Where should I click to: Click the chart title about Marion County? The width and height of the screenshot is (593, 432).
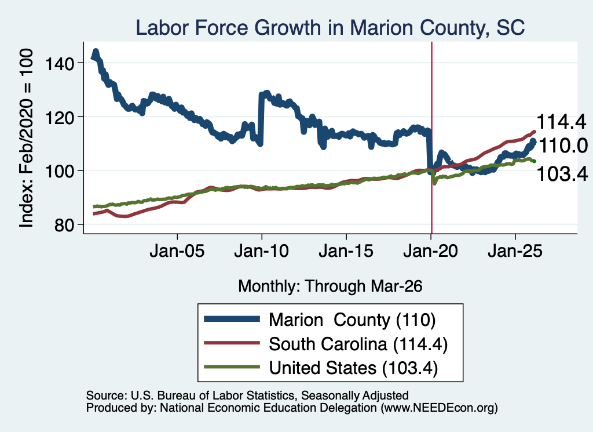tap(330, 28)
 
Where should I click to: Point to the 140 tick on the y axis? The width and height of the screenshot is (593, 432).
tap(60, 63)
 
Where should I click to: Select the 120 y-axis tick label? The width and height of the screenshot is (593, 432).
tap(60, 117)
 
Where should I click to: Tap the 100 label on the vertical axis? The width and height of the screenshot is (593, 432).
tap(60, 171)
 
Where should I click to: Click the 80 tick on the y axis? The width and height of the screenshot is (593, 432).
tap(64, 225)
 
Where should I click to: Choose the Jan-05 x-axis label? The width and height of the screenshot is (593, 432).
tap(177, 251)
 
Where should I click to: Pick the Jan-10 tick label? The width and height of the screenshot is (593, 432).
tap(261, 251)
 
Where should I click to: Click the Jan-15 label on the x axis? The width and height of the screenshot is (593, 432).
tap(346, 251)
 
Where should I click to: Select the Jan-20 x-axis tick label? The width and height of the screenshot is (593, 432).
tap(431, 251)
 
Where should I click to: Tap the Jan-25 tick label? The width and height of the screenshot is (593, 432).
tap(515, 251)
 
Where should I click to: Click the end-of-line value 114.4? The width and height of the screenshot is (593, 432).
tap(561, 122)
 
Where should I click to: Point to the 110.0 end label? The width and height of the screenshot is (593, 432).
tap(563, 146)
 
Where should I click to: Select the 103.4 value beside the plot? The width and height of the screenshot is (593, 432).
tap(562, 174)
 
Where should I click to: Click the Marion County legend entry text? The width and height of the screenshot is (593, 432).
tap(352, 320)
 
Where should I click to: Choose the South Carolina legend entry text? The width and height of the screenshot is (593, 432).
tap(358, 344)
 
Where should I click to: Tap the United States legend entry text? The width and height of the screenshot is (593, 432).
tap(353, 368)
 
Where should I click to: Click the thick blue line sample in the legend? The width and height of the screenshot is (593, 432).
tap(232, 319)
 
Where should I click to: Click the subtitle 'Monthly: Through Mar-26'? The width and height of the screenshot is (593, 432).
tap(330, 286)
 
